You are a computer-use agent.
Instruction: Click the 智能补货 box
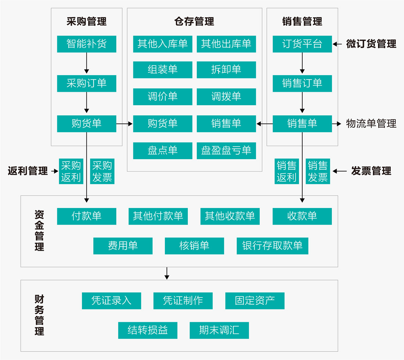pos(87,44)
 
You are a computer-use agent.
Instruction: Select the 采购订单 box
pos(87,83)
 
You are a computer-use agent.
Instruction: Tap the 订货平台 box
pos(302,44)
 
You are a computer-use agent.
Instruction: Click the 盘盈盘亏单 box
pos(226,150)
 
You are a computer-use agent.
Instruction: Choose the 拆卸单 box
pos(226,70)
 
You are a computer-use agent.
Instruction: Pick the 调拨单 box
pos(226,97)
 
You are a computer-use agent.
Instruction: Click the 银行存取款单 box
pos(272,246)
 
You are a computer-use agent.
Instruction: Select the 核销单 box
pos(194,246)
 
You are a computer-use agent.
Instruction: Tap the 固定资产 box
pos(255,301)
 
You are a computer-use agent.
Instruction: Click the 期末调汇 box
pos(219,330)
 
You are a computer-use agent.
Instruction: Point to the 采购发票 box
pos(102,171)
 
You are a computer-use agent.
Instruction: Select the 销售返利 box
pos(286,171)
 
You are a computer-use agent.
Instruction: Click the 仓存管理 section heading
pos(194,22)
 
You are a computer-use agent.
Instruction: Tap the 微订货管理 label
pos(371,44)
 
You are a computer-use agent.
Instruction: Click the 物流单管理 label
pos(371,124)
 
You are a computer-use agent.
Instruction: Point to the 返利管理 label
pos(28,171)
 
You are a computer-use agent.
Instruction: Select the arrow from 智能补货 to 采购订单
pos(87,63)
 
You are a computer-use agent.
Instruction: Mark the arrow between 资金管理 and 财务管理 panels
pos(167,273)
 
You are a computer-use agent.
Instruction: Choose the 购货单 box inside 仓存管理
pos(163,124)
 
